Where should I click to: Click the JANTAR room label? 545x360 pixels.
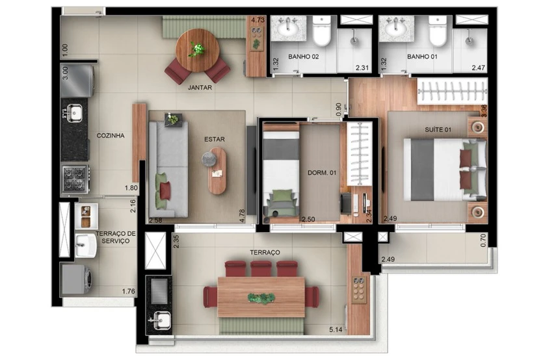(200, 88)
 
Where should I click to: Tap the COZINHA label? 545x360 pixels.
(111, 135)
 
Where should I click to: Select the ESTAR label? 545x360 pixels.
(215, 139)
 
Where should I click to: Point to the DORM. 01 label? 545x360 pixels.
(322, 173)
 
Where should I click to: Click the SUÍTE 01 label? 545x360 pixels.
(438, 129)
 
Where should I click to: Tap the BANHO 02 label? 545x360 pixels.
(304, 57)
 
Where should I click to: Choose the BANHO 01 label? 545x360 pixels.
(422, 57)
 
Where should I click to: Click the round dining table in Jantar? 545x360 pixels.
(198, 50)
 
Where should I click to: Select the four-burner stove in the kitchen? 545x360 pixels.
(75, 179)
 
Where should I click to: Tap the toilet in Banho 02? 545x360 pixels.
(321, 31)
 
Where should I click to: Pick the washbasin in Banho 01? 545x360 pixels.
(397, 29)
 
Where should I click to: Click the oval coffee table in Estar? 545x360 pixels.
(217, 170)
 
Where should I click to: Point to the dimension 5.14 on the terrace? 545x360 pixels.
(336, 329)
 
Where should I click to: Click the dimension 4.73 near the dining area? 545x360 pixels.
(258, 19)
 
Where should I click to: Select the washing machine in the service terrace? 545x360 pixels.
(77, 279)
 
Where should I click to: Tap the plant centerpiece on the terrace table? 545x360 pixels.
(261, 298)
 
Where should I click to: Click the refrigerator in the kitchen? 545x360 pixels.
(77, 81)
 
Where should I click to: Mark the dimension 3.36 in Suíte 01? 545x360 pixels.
(483, 110)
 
